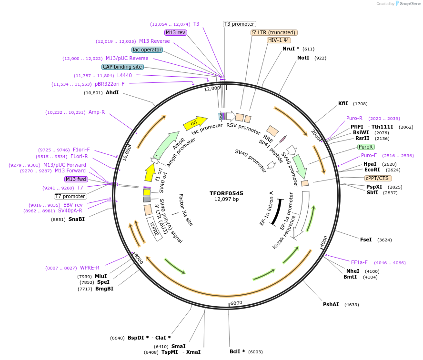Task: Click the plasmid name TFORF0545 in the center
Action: click(226, 193)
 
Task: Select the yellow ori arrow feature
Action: click(195, 123)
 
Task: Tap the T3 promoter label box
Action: click(239, 24)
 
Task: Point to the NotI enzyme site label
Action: click(303, 58)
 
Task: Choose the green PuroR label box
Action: click(365, 147)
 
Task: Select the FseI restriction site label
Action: click(366, 240)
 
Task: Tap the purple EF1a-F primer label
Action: click(359, 262)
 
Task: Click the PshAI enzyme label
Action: click(331, 304)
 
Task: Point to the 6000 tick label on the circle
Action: click(236, 303)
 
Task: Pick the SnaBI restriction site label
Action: click(76, 219)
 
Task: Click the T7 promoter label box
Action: click(70, 196)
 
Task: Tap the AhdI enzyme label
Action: click(112, 92)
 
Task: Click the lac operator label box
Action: click(147, 50)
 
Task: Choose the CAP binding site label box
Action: click(122, 67)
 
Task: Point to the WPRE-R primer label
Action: click(90, 268)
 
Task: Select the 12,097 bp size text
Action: click(226, 200)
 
